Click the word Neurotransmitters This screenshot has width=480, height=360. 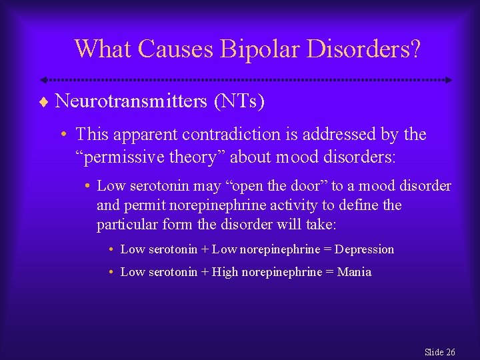point(131,101)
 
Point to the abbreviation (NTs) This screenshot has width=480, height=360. point(239,101)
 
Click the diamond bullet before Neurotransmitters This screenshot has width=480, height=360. point(44,102)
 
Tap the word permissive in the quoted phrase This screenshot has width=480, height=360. point(122,157)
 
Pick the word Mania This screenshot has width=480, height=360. point(355,272)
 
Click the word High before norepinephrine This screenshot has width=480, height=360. point(225,272)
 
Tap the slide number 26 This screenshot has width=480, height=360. point(449,352)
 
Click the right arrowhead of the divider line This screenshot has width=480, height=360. point(449,80)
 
